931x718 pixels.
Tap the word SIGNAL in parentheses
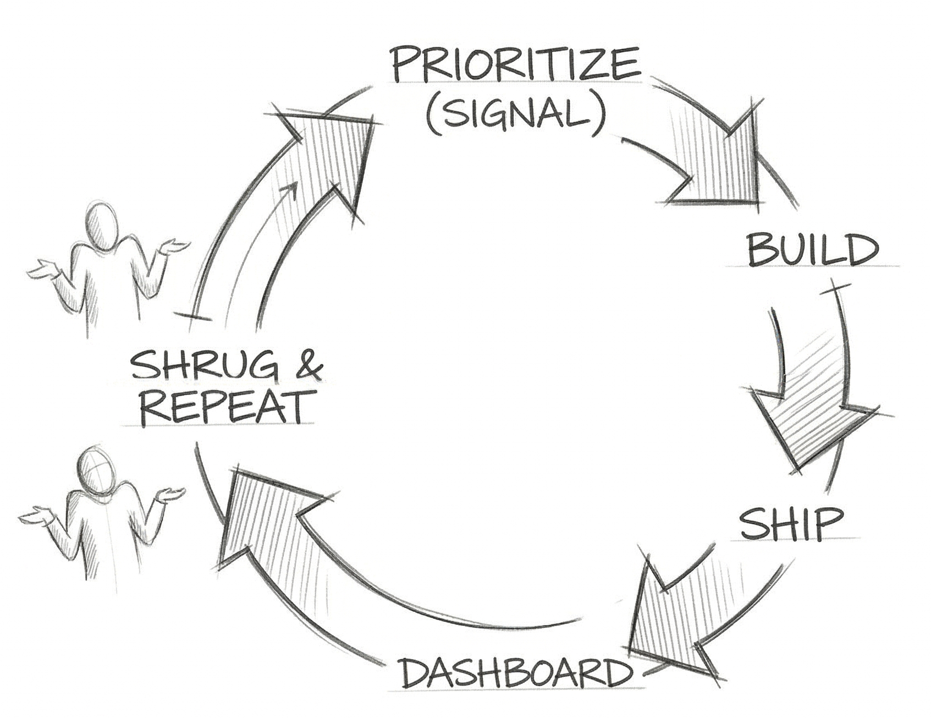point(515,114)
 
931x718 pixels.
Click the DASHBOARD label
point(514,672)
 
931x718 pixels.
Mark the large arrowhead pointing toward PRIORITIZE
point(335,154)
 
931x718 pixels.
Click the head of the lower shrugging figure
point(97,468)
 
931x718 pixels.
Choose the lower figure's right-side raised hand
point(168,493)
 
